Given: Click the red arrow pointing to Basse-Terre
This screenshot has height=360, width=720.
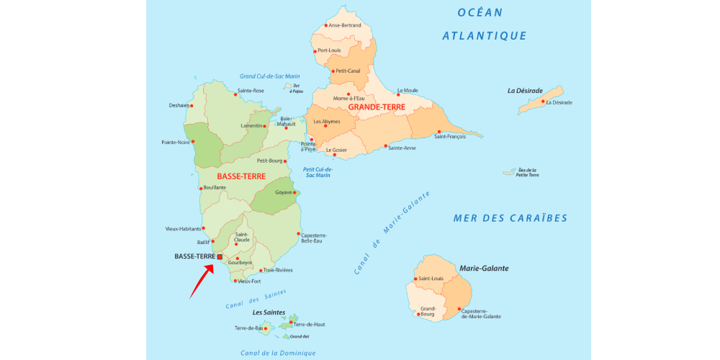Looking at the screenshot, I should (202, 282).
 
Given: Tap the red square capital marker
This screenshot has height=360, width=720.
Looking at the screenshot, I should (220, 256).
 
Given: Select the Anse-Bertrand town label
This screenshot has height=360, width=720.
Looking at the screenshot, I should (345, 25).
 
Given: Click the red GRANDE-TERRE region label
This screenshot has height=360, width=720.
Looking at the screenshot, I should (377, 107).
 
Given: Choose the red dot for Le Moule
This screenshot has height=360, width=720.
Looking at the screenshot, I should (398, 94).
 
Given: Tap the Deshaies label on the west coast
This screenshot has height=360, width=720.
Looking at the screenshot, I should (179, 105).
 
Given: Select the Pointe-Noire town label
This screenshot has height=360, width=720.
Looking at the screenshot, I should (175, 143).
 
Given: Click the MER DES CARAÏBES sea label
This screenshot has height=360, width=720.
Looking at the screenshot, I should (510, 218).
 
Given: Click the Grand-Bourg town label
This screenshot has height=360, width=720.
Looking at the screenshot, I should (428, 312).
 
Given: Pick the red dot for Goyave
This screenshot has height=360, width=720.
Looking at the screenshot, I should (295, 192).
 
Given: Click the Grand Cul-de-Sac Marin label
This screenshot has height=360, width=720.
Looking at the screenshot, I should (269, 76).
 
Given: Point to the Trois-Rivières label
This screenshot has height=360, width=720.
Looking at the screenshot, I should (278, 270).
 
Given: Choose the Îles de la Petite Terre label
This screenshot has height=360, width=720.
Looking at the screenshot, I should (527, 173).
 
